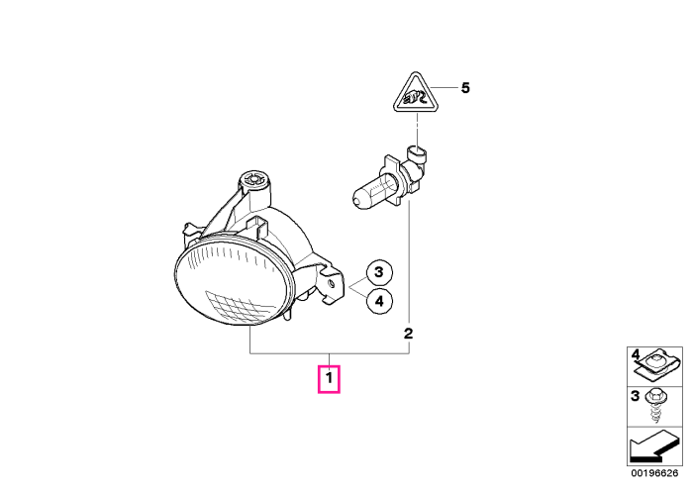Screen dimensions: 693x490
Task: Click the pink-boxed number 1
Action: click(329, 379)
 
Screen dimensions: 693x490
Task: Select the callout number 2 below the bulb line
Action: click(408, 334)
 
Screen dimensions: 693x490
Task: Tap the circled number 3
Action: click(379, 272)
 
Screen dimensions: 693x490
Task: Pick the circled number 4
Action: click(379, 301)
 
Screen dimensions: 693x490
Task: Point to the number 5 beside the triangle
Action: click(465, 88)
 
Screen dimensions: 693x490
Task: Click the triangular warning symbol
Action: click(414, 95)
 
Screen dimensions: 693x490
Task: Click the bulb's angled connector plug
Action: click(417, 163)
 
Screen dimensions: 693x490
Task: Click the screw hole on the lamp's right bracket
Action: click(331, 284)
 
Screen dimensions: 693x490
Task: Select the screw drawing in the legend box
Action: click(655, 406)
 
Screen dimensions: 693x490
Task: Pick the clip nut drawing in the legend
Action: click(655, 365)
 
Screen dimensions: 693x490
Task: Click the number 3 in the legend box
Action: click(636, 396)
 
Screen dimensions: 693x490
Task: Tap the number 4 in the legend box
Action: click(636, 354)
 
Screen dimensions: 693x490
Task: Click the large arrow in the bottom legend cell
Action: click(654, 446)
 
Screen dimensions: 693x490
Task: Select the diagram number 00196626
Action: click(654, 473)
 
